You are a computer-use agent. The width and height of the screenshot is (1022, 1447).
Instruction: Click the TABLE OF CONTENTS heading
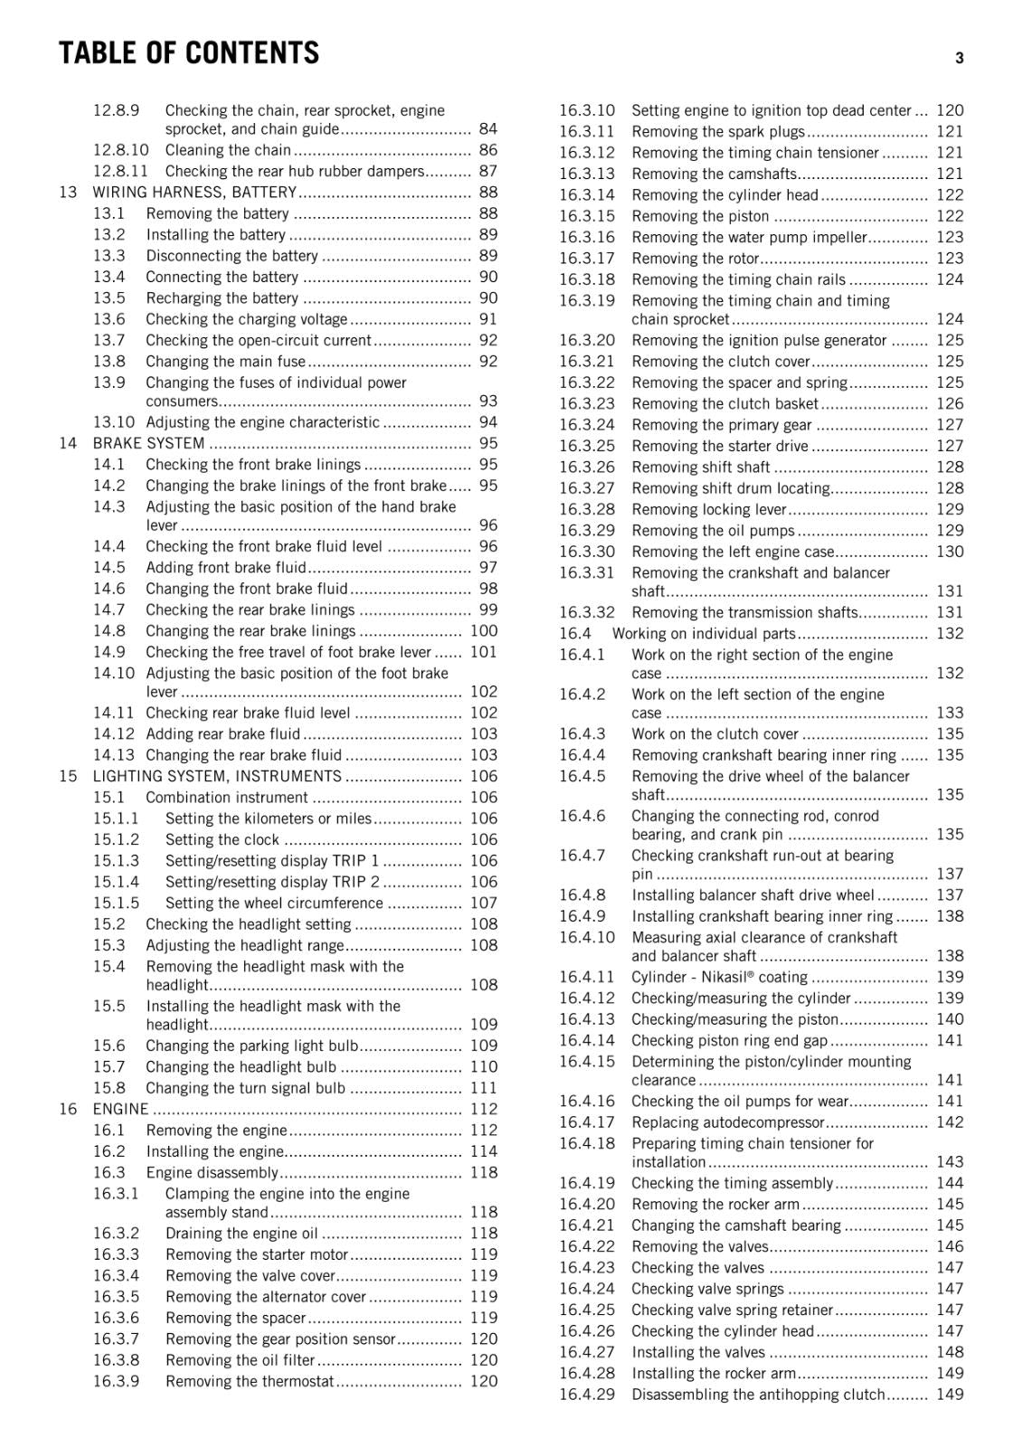point(188,53)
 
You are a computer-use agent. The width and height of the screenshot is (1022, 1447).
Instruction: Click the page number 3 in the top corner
point(959,58)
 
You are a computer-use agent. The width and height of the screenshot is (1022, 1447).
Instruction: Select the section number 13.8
point(109,361)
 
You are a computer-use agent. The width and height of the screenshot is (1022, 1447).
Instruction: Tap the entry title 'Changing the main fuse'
point(225,361)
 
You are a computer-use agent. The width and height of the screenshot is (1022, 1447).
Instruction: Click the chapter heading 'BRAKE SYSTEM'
point(148,443)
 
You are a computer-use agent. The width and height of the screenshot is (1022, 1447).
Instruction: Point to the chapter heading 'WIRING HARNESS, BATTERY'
point(194,192)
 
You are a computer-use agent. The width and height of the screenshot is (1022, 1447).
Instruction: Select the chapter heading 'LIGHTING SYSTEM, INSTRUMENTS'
point(217,776)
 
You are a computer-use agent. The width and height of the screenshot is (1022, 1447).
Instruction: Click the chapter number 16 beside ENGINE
point(68,1109)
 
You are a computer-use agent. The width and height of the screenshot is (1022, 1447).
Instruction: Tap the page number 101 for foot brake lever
point(484,652)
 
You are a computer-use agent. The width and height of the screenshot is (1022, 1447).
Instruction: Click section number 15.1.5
point(116,903)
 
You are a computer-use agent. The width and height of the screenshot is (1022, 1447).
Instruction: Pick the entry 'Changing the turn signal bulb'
point(245,1088)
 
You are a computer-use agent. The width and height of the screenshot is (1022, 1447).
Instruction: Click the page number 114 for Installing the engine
point(484,1151)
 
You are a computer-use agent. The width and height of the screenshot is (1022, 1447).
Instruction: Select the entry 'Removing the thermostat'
point(250,1381)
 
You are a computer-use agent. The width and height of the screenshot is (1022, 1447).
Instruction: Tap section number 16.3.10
point(586,110)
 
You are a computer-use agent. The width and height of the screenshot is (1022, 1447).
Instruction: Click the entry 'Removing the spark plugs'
point(718,131)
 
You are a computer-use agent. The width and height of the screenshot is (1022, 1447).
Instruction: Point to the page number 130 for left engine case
point(950,552)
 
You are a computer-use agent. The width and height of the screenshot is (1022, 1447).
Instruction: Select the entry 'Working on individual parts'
point(704,633)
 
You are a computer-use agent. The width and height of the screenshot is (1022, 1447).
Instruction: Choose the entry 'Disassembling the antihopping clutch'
point(758,1395)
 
